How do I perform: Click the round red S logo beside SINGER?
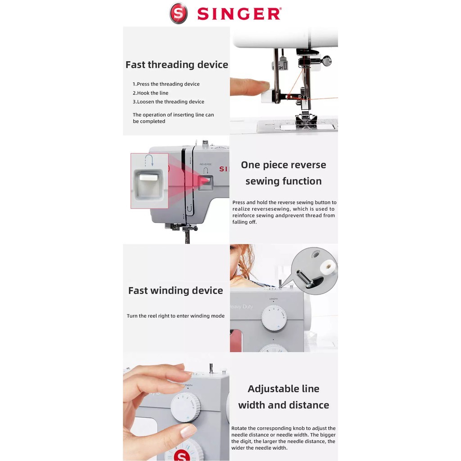[178, 13]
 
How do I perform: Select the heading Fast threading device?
[176, 65]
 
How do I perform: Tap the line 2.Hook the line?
[150, 93]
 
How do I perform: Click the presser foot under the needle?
[306, 121]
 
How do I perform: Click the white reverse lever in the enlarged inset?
[149, 177]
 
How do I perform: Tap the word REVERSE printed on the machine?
[205, 164]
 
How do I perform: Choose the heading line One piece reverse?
[284, 165]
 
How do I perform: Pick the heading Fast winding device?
[176, 290]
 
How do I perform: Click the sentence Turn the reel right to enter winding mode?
[176, 316]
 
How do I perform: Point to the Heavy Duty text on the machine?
[241, 307]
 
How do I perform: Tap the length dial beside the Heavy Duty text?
[274, 318]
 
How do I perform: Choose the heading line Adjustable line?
[284, 389]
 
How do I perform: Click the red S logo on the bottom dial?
[182, 456]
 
